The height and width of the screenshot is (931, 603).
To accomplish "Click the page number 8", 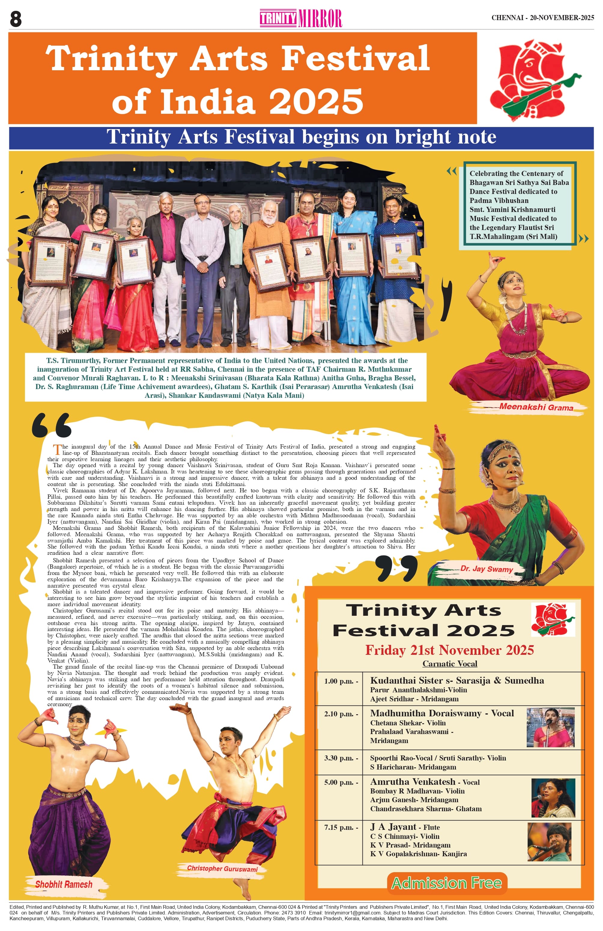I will pyautogui.click(x=16, y=19).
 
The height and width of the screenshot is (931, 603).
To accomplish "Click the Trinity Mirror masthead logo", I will pyautogui.click(x=301, y=18).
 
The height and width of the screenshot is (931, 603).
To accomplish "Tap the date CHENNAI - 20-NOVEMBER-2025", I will pyautogui.click(x=542, y=18).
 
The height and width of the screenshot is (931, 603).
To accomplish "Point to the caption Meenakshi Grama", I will pyautogui.click(x=536, y=407).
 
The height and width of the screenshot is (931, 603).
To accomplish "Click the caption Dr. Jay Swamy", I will pyautogui.click(x=486, y=569).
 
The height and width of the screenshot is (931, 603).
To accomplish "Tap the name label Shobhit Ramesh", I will pyautogui.click(x=64, y=884).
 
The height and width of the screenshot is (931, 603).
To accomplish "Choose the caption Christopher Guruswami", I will pyautogui.click(x=222, y=869).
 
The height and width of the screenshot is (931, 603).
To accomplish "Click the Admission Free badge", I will pyautogui.click(x=447, y=883).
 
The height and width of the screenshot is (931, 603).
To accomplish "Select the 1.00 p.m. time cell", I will pyautogui.click(x=341, y=681).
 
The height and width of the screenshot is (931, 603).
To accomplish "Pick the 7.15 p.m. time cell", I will pyautogui.click(x=341, y=828).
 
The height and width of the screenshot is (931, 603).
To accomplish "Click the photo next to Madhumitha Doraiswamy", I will pyautogui.click(x=550, y=727).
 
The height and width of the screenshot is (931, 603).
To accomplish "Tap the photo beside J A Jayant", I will pyautogui.click(x=549, y=842).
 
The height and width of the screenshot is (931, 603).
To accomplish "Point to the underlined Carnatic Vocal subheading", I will pyautogui.click(x=450, y=663).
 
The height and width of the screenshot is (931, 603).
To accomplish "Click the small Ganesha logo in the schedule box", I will pyautogui.click(x=553, y=619).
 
